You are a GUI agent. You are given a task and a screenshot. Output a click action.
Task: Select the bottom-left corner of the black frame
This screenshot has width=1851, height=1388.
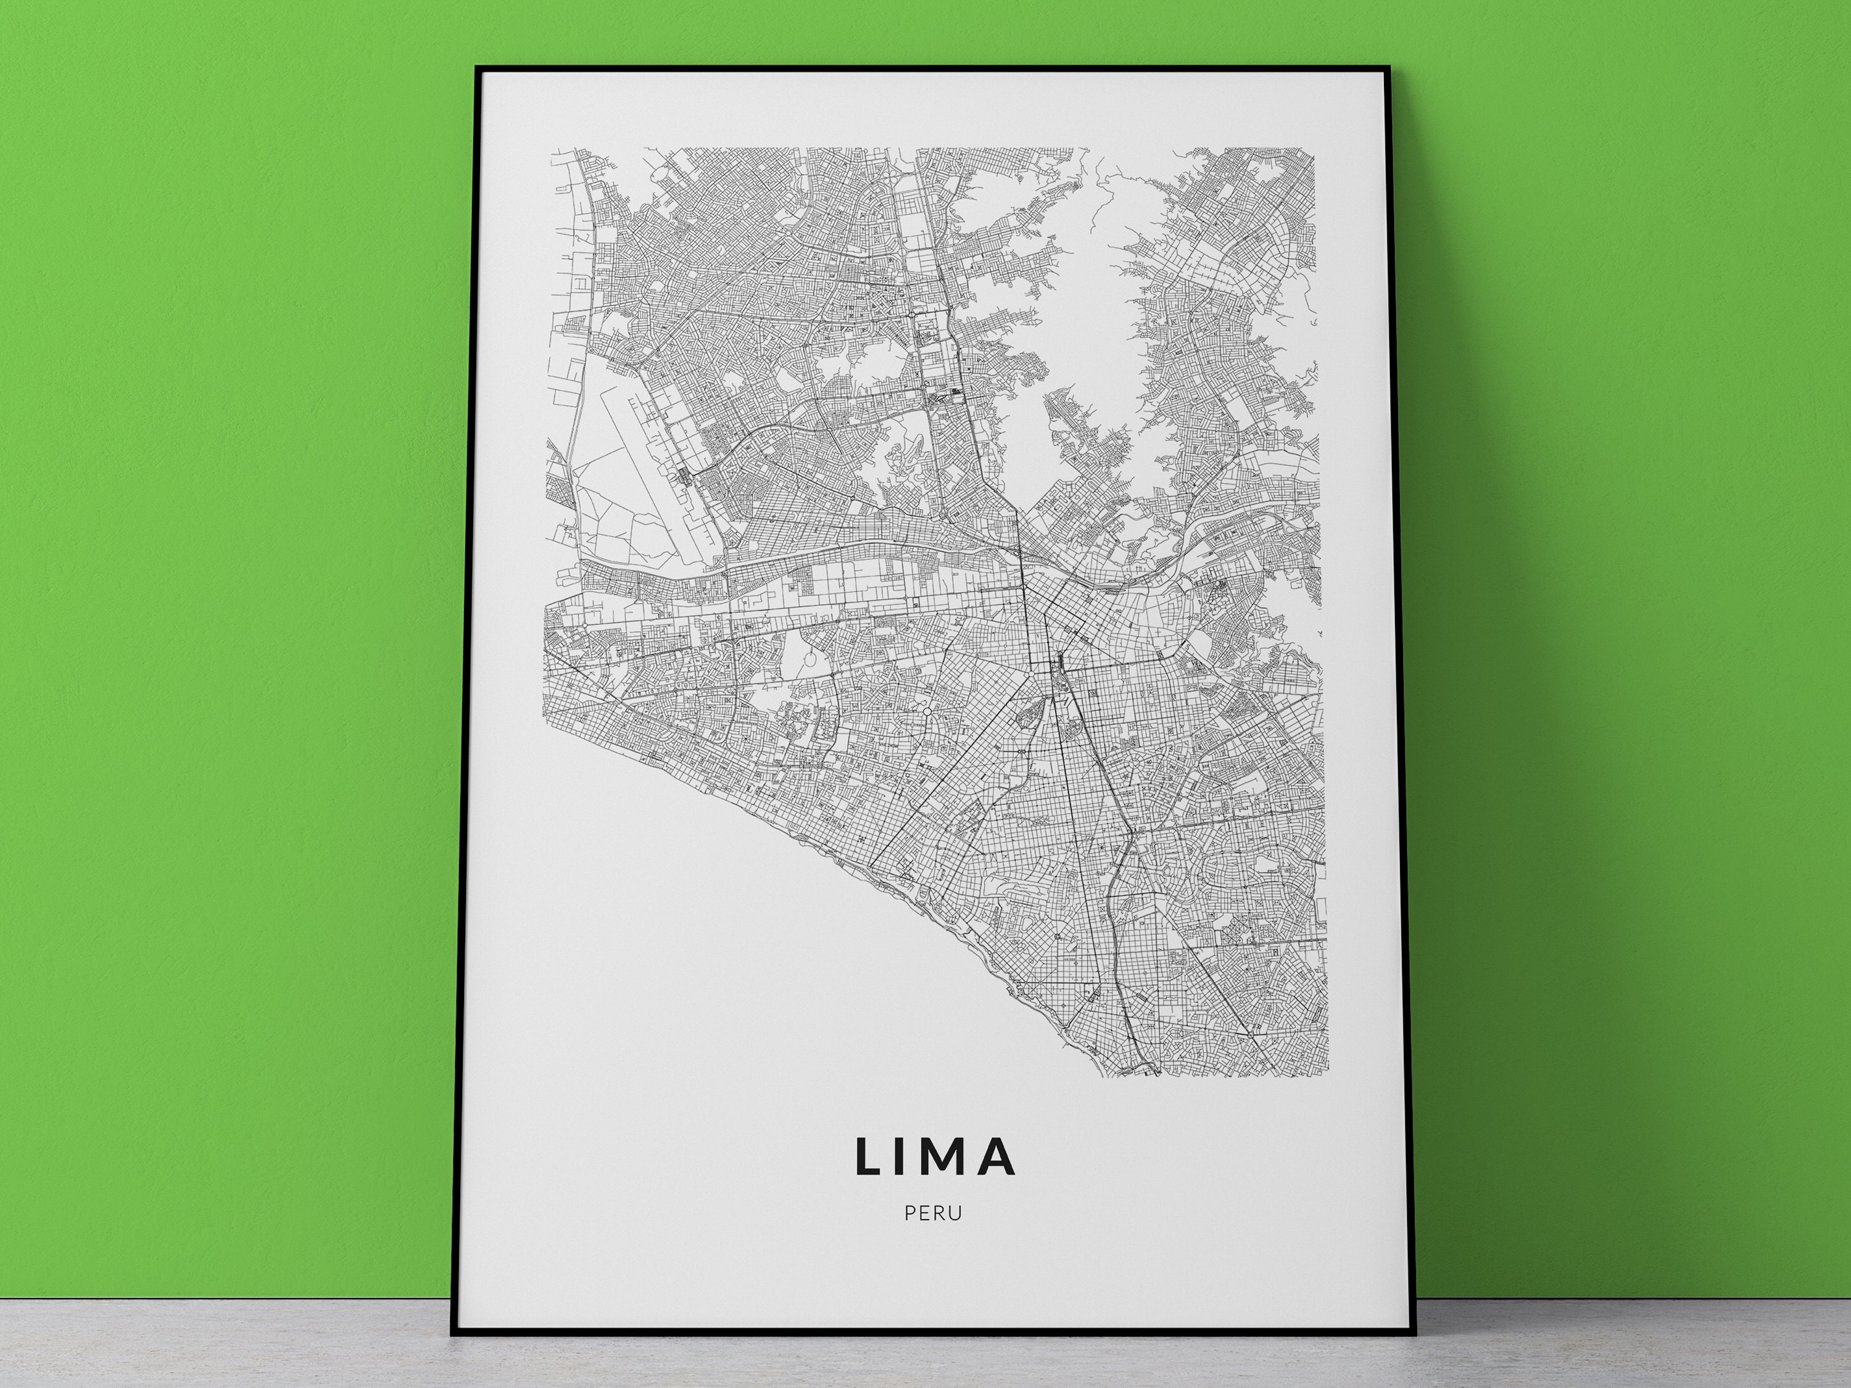[454, 1332]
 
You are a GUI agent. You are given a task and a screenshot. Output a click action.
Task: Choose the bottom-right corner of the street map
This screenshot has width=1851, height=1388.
[1327, 1075]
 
